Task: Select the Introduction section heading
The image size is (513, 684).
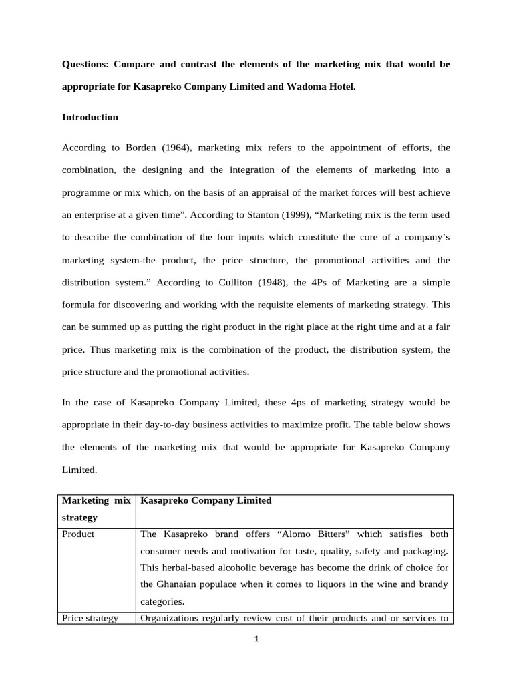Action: coord(90,117)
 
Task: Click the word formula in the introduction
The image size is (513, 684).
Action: coord(78,304)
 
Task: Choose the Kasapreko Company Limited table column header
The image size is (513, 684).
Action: coord(206,500)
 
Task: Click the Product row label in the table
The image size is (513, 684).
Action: coord(77,534)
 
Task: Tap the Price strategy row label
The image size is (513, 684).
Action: coord(90,618)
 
